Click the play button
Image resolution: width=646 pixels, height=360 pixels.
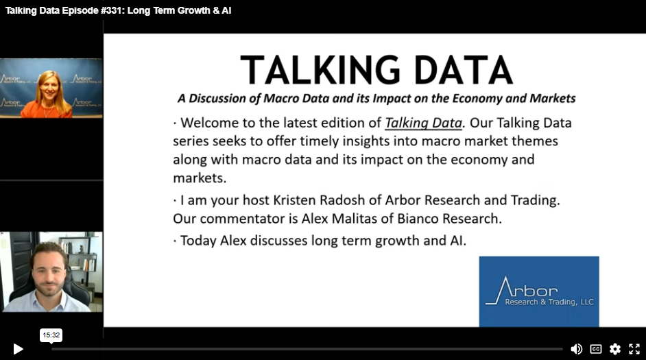tap(18, 349)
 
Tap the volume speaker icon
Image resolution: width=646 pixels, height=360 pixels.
tap(576, 349)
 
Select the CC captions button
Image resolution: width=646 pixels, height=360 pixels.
tap(596, 349)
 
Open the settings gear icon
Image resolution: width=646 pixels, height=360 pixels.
tap(615, 349)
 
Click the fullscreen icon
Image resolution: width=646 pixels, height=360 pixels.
tap(634, 349)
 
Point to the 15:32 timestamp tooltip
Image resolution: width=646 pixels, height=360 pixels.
tap(51, 335)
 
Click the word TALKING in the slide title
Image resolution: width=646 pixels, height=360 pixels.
tap(320, 70)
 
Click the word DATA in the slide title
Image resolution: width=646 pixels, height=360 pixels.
tap(463, 70)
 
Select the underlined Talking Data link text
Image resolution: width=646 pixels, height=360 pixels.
tap(423, 123)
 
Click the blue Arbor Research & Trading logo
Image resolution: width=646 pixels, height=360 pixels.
tap(539, 291)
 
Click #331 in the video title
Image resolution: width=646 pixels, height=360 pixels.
tap(112, 11)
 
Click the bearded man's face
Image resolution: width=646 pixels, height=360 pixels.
tap(49, 274)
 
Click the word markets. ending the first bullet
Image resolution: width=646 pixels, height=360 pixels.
tap(200, 178)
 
